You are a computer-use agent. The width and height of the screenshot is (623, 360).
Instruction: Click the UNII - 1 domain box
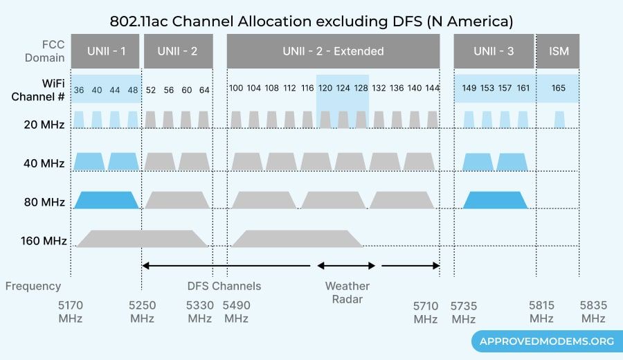point(105,51)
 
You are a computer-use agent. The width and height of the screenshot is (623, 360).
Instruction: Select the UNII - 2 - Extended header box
point(333,51)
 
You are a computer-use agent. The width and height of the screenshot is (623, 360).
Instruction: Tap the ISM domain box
point(558,51)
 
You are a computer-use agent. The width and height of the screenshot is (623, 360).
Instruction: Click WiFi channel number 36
point(79,89)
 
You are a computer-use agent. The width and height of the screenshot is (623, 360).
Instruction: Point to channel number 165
point(559,88)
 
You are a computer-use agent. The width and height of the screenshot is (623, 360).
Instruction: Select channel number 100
point(236,88)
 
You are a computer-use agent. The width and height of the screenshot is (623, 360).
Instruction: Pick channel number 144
point(432,88)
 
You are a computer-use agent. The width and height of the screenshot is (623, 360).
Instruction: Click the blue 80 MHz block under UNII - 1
point(107,200)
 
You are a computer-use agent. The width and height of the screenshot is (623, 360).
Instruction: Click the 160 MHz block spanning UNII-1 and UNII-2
point(142,239)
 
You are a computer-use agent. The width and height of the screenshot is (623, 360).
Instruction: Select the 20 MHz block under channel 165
point(559,120)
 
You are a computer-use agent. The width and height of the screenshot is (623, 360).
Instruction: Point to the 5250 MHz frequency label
point(142,312)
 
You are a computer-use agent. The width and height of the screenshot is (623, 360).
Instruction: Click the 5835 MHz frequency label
point(593,312)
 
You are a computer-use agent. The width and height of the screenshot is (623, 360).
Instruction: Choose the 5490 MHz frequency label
point(236,312)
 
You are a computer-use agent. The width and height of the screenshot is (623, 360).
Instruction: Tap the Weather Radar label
point(347,292)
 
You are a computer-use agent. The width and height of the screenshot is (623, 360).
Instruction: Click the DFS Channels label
point(224,286)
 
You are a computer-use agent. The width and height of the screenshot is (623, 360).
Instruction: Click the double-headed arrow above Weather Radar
point(346,265)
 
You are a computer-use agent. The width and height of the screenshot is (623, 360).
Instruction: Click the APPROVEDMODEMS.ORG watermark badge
point(543,341)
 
